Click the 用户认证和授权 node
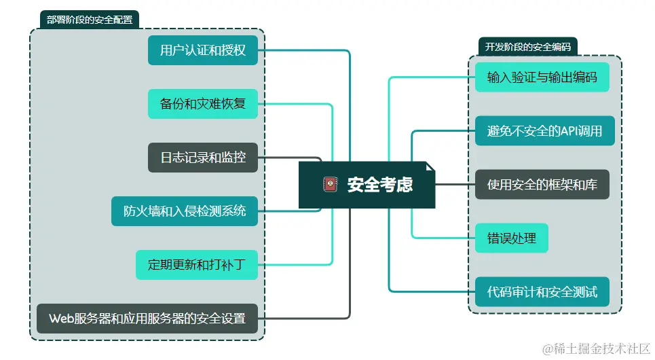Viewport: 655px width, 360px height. pyautogui.click(x=203, y=50)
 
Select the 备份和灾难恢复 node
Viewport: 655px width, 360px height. pyautogui.click(x=203, y=104)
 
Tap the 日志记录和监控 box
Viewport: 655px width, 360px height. pyautogui.click(x=203, y=158)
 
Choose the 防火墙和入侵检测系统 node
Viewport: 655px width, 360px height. pyautogui.click(x=185, y=211)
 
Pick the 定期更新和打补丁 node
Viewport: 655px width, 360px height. pyautogui.click(x=197, y=265)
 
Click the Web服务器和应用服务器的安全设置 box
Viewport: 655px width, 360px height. pyautogui.click(x=147, y=318)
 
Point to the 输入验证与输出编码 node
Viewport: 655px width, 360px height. pyautogui.click(x=542, y=77)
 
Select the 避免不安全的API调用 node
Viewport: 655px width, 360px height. pyautogui.click(x=544, y=130)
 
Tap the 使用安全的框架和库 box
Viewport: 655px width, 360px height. pyautogui.click(x=542, y=184)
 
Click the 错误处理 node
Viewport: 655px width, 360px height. pyautogui.click(x=511, y=238)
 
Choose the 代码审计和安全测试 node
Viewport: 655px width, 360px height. pyautogui.click(x=542, y=291)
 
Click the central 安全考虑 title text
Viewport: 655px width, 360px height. pyautogui.click(x=380, y=185)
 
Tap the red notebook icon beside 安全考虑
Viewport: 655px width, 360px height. pyautogui.click(x=331, y=185)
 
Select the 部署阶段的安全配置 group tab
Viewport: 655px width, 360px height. pyautogui.click(x=90, y=20)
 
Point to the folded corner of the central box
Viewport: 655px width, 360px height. pyautogui.click(x=430, y=166)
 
